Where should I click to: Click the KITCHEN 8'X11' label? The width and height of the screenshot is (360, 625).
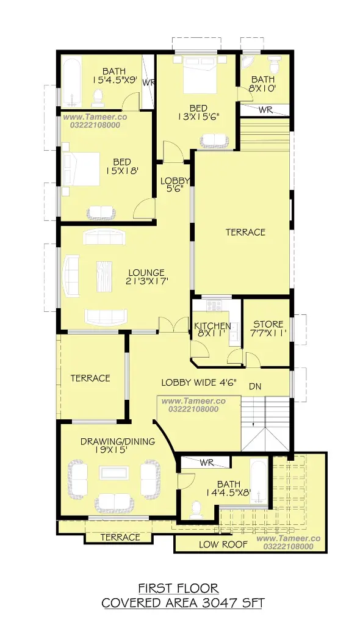click(212, 330)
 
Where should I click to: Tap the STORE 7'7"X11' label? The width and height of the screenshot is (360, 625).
click(268, 329)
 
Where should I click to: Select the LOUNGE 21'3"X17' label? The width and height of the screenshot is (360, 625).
click(146, 277)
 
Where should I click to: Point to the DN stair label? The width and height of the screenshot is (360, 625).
click(255, 386)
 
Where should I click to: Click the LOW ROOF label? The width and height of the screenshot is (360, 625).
click(223, 544)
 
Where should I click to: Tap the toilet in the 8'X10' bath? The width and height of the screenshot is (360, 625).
click(274, 63)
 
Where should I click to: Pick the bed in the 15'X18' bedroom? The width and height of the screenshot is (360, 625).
click(81, 169)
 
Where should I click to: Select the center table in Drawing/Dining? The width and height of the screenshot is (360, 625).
click(114, 473)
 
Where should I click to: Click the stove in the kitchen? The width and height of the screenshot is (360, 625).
click(214, 306)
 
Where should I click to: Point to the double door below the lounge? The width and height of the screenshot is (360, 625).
click(173, 324)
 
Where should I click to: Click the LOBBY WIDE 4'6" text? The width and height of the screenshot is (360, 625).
click(199, 383)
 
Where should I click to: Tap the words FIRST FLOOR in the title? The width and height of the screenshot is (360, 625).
click(178, 588)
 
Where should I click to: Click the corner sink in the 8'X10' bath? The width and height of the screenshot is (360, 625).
click(247, 61)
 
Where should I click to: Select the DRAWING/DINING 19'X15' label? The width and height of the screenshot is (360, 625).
click(118, 446)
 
